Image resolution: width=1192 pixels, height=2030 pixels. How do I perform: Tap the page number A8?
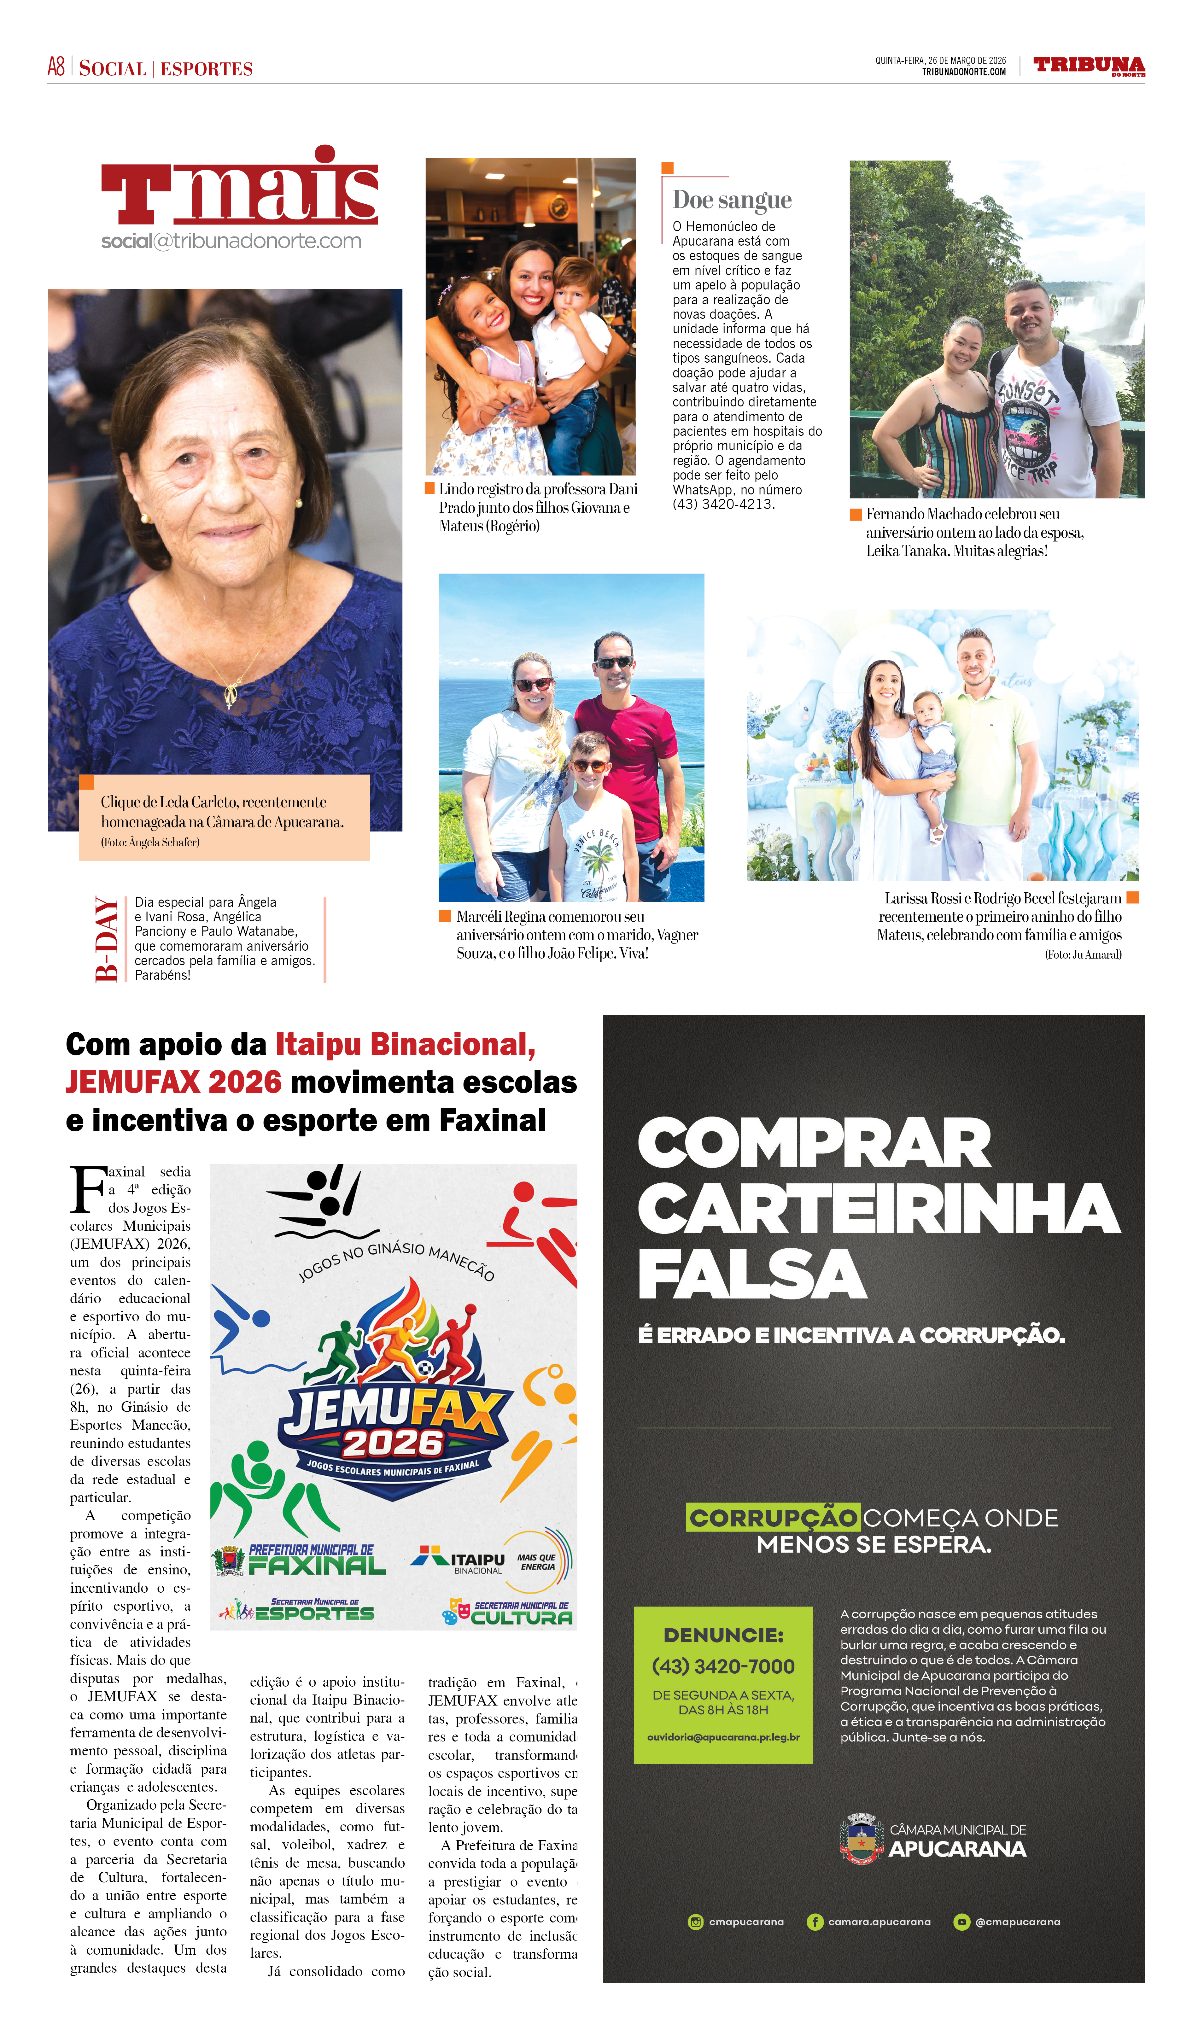(56, 67)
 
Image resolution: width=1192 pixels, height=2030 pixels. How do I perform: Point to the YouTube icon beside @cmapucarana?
(961, 1922)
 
